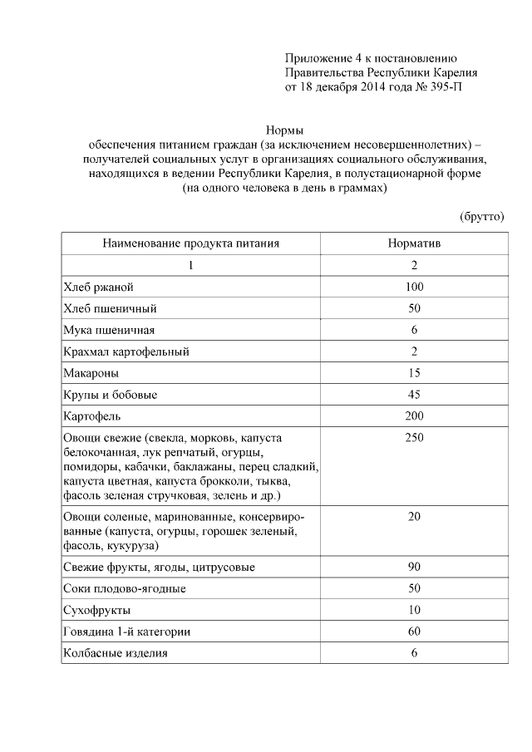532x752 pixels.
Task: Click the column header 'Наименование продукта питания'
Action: (190, 243)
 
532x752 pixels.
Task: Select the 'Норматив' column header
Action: (414, 243)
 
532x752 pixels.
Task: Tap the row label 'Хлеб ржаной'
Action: (98, 287)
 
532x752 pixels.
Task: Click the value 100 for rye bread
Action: (414, 287)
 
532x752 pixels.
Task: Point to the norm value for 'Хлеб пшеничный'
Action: (414, 308)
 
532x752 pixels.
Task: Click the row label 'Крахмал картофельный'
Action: (126, 351)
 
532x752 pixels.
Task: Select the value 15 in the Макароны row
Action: (414, 373)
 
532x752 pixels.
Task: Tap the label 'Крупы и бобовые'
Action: (110, 395)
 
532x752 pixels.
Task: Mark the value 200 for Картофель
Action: (414, 416)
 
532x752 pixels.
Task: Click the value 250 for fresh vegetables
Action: (414, 438)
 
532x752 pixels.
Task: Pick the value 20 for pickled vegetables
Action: (414, 517)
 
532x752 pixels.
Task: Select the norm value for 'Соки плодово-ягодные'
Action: (414, 589)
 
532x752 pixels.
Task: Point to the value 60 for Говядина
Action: (414, 632)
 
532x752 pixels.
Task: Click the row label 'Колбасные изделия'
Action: (116, 654)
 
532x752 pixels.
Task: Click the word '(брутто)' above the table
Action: (482, 216)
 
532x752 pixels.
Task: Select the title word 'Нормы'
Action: (284, 130)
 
